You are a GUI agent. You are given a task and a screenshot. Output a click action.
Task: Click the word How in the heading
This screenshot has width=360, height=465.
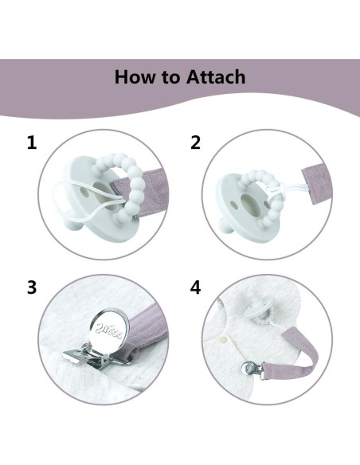tap(135, 76)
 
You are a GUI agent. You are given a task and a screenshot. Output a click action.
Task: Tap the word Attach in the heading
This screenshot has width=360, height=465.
tap(216, 76)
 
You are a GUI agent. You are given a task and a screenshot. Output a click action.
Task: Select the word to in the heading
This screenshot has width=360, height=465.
tap(170, 77)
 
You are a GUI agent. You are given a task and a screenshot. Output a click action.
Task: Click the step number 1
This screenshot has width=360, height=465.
tap(32, 143)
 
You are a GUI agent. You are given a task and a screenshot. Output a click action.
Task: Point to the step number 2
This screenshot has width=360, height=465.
tap(195, 143)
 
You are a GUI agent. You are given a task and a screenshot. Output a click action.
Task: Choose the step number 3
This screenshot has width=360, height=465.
tap(32, 287)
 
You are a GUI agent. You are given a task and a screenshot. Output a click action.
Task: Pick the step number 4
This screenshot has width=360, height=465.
tap(195, 287)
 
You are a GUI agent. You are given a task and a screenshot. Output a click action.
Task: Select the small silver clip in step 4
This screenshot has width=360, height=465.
tap(252, 369)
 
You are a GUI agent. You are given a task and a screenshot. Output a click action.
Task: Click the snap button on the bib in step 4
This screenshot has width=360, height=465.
tap(224, 338)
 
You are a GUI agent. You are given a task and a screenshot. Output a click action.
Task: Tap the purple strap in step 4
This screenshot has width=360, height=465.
tap(299, 356)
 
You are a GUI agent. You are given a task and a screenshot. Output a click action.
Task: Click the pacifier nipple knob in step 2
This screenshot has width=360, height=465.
tap(225, 225)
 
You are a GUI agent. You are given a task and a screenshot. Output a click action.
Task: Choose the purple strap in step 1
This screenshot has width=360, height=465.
tap(148, 193)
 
